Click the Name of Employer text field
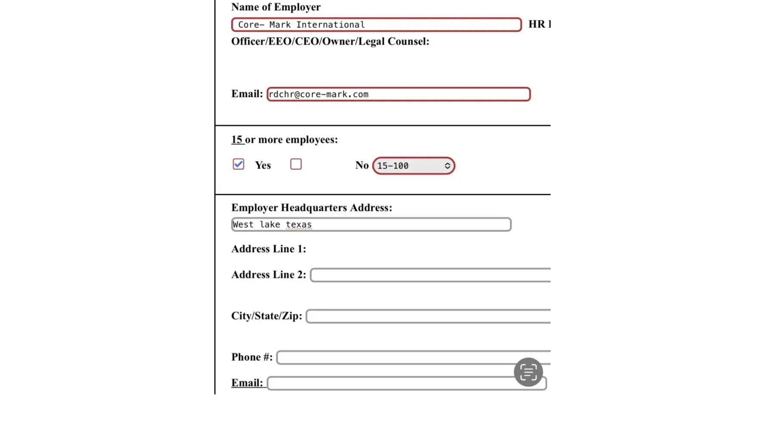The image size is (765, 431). [376, 25]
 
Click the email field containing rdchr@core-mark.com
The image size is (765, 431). [398, 94]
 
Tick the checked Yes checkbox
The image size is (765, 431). [238, 164]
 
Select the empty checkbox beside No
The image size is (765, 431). [296, 164]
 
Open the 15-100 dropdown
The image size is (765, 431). [413, 166]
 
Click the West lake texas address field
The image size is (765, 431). [371, 225]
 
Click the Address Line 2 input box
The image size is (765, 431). [430, 275]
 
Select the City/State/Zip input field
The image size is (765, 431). [428, 316]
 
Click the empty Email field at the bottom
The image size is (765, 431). [387, 383]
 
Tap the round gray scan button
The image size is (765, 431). [528, 372]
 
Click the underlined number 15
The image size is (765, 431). [237, 140]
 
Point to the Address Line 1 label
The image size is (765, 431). [268, 249]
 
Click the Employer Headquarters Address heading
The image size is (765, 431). [312, 208]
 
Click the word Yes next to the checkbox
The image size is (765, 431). [263, 166]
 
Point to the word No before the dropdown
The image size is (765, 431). [362, 166]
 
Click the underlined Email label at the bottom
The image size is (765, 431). [247, 383]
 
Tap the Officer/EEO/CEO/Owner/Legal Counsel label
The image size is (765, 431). [330, 41]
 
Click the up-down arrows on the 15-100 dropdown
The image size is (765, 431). [447, 166]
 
